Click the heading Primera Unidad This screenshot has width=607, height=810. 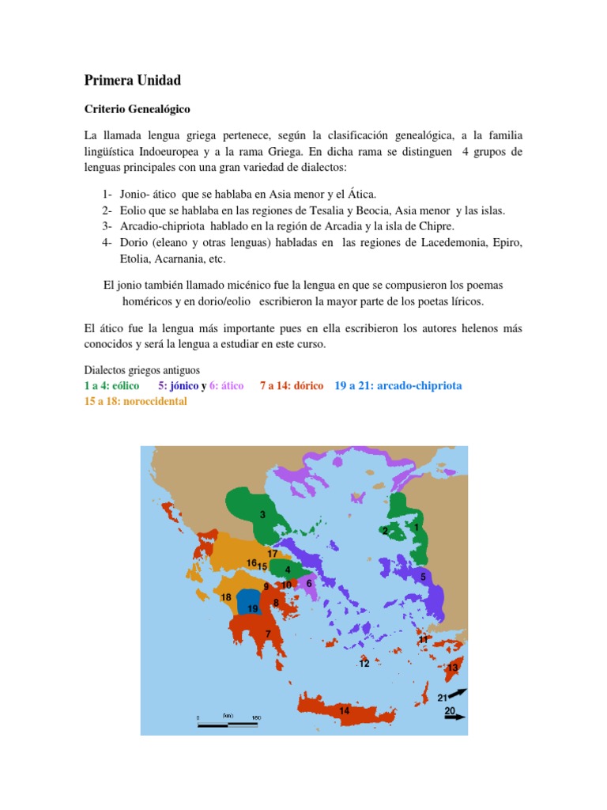132,81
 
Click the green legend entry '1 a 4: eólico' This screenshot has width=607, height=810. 111,386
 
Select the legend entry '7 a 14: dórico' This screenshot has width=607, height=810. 292,386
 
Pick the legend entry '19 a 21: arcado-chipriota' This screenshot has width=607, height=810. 398,386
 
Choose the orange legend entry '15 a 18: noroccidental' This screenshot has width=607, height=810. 135,401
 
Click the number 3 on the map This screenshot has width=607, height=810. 262,515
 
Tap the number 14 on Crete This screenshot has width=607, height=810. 344,710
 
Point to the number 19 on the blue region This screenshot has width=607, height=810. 252,608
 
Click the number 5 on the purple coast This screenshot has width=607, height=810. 423,577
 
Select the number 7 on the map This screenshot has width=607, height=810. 268,634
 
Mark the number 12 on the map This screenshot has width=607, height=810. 364,664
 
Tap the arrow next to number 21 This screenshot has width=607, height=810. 458,693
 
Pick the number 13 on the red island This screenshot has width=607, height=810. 452,668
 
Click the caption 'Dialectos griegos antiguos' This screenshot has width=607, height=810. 142,370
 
